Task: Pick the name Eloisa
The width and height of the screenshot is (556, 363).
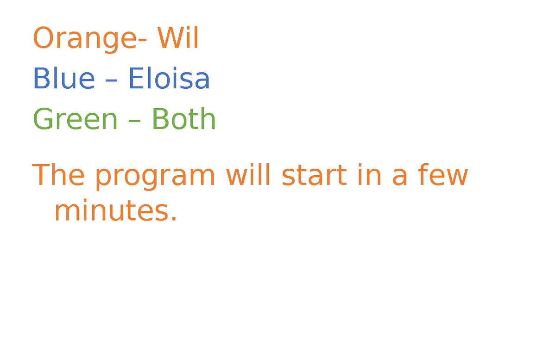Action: click(x=169, y=79)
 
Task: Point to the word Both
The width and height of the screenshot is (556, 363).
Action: click(x=183, y=119)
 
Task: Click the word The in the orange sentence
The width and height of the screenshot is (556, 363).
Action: click(x=58, y=176)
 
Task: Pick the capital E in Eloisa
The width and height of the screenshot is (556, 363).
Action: click(x=135, y=79)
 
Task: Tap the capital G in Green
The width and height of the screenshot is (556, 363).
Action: click(x=43, y=119)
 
